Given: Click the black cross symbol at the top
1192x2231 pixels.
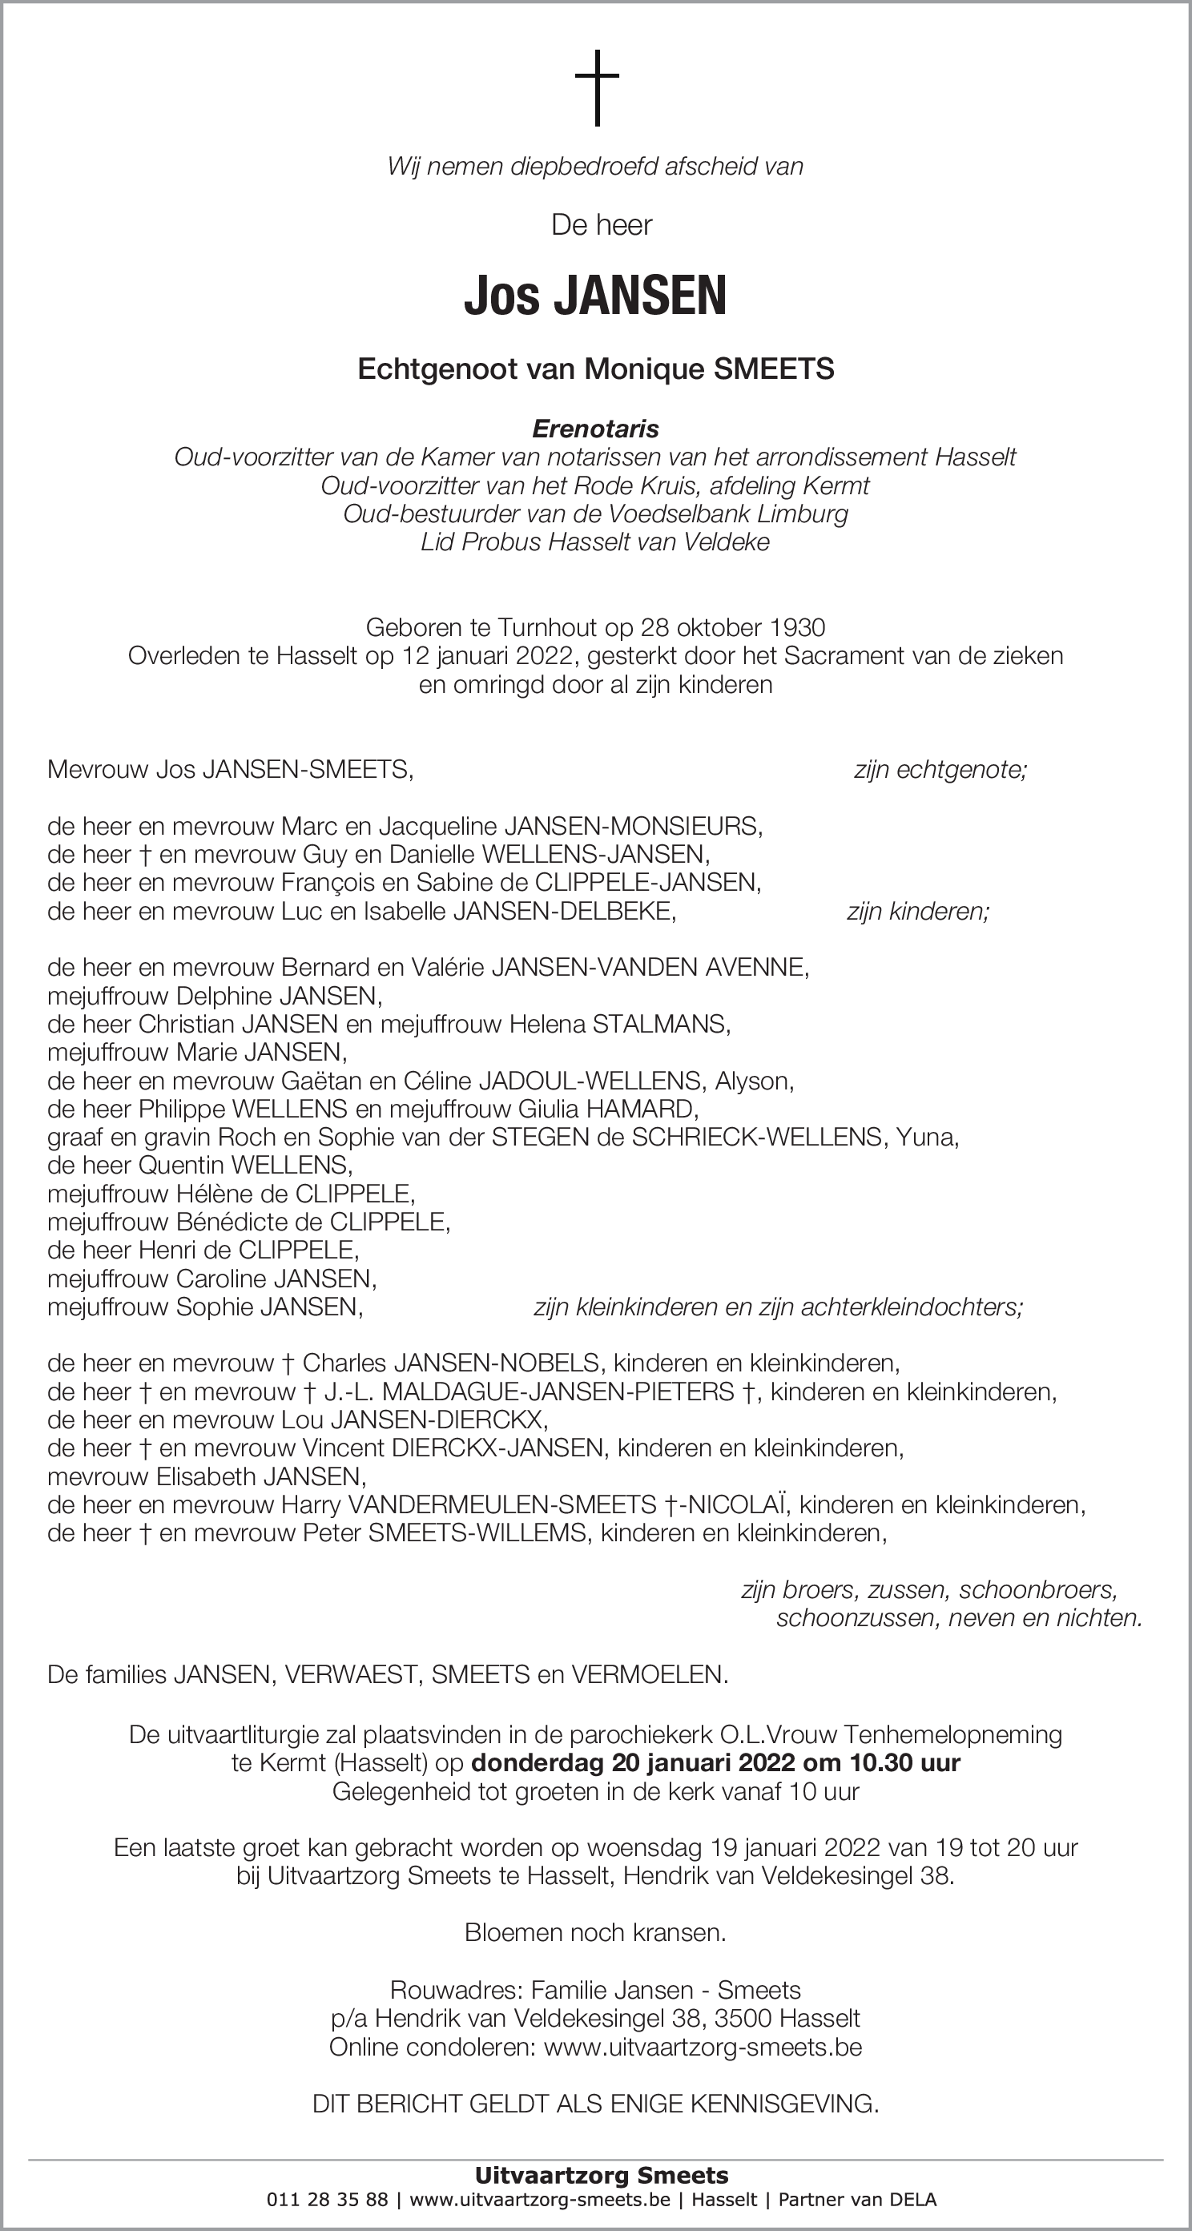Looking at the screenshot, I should pyautogui.click(x=597, y=87).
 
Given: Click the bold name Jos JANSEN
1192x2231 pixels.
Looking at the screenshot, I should pyautogui.click(x=595, y=296).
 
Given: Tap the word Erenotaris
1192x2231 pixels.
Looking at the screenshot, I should pyautogui.click(x=595, y=429).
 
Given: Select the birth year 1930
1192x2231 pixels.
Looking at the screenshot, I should pyautogui.click(x=796, y=627).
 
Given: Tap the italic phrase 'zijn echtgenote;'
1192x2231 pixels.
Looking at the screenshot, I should pyautogui.click(x=940, y=769).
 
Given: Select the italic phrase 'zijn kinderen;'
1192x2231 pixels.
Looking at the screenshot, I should pyautogui.click(x=917, y=911).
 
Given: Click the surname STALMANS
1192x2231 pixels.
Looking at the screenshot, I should pyautogui.click(x=660, y=1024).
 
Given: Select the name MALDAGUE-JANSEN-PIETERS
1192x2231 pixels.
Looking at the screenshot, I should pyautogui.click(x=558, y=1391).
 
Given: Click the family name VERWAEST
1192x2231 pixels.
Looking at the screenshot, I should pyautogui.click(x=352, y=1675).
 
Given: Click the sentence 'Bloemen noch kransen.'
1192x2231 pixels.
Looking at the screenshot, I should pyautogui.click(x=595, y=1932).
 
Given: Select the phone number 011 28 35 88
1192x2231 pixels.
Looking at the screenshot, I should pyautogui.click(x=328, y=2200).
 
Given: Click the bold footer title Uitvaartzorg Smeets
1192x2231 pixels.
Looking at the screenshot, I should pyautogui.click(x=601, y=2176).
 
